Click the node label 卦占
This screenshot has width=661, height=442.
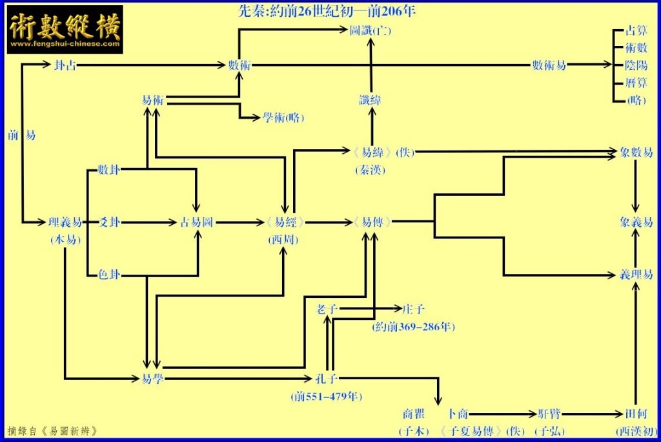click(65, 65)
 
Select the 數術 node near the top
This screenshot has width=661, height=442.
click(239, 65)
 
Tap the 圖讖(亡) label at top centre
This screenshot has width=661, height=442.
click(370, 30)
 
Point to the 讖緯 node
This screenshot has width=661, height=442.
click(370, 100)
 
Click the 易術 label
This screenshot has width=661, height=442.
click(152, 100)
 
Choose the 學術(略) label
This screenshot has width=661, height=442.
click(283, 118)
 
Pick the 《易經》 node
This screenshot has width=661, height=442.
click(284, 222)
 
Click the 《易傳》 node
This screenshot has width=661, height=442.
click(372, 222)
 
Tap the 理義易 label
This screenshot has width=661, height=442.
click(65, 222)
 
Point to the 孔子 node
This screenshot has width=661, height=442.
click(327, 379)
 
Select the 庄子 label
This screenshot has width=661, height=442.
click(413, 309)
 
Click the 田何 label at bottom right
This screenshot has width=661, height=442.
click(636, 414)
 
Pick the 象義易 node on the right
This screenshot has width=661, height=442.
click(636, 222)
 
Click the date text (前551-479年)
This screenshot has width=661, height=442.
click(327, 396)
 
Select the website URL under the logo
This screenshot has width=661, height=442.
click(65, 45)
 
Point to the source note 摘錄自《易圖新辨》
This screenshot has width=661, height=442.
click(53, 431)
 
